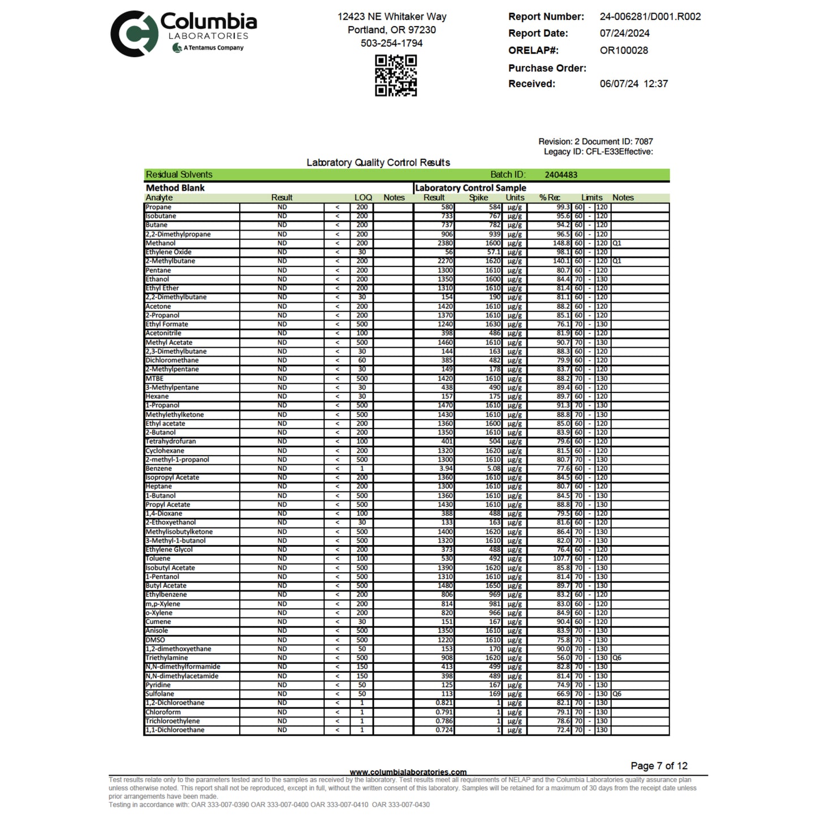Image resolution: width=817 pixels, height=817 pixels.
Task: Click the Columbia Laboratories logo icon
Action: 133,34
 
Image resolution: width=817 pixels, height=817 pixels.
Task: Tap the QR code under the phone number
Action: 396,75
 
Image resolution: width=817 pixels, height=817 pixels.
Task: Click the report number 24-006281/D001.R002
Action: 650,17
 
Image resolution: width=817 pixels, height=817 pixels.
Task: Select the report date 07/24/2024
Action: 624,33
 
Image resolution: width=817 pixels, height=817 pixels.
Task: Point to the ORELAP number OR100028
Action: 624,50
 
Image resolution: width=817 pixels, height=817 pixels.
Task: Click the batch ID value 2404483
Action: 561,175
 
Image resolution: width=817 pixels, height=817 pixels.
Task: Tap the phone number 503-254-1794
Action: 391,43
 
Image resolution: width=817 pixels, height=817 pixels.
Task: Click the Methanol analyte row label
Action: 161,243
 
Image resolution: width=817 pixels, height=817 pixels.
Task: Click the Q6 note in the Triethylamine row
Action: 617,658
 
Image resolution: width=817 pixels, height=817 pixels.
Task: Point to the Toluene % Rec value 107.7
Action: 561,559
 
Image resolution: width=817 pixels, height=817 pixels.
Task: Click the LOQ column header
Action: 363,198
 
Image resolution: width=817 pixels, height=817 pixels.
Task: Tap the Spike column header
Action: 478,198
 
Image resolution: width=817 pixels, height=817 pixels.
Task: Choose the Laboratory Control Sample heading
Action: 470,188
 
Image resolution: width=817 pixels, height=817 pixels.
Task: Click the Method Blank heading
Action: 175,188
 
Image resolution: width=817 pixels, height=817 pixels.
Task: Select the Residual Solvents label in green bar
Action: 179,175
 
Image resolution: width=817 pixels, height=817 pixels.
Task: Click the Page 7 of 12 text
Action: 659,766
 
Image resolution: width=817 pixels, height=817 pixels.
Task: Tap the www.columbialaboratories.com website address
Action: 408,772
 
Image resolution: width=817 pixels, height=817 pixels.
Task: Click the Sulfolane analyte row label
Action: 160,694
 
